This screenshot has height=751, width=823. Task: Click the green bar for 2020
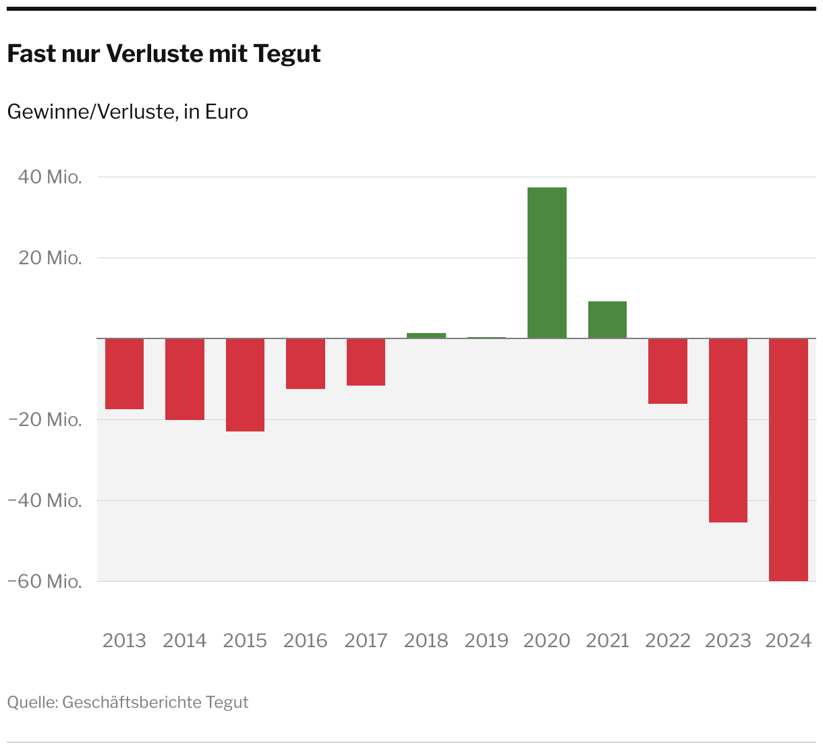547,263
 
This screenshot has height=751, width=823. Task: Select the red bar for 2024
789,460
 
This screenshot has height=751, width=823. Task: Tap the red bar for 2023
728,430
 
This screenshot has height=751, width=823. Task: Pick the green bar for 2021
607,320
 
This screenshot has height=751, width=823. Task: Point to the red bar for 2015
245,385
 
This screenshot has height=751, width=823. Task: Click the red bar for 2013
124,373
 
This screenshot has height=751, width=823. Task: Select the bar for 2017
366,362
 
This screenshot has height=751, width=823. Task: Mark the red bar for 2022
668,371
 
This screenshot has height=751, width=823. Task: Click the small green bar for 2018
426,335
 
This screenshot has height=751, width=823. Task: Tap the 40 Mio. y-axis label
50,177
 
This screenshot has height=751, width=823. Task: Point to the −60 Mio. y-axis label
45,581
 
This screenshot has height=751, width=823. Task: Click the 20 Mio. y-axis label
50,258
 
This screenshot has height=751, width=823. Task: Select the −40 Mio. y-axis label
45,500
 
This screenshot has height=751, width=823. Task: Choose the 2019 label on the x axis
486,640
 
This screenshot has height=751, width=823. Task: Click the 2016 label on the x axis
306,640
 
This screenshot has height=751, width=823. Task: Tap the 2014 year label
185,640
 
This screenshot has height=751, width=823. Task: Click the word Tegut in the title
287,54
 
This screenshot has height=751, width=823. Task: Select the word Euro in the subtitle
227,112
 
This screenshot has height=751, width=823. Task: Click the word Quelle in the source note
32,702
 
